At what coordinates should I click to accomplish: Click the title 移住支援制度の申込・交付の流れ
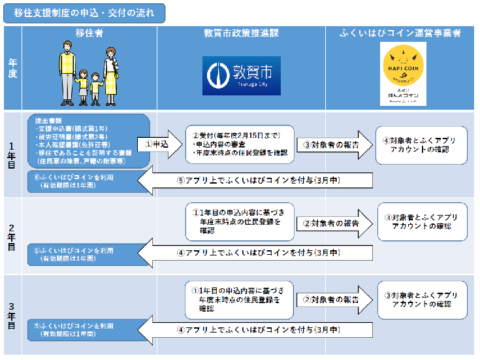[x=84, y=13]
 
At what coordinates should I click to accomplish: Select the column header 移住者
[x=89, y=33]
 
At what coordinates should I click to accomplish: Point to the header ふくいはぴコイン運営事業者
[x=402, y=33]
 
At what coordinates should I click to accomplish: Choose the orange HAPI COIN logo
[x=402, y=74]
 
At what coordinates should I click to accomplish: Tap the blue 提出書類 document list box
[x=88, y=141]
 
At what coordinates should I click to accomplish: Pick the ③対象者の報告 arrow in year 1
[x=332, y=144]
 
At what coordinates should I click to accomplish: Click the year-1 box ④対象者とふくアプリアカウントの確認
[x=421, y=144]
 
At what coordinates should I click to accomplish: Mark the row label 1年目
[x=12, y=154]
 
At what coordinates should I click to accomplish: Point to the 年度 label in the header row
[x=12, y=68]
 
